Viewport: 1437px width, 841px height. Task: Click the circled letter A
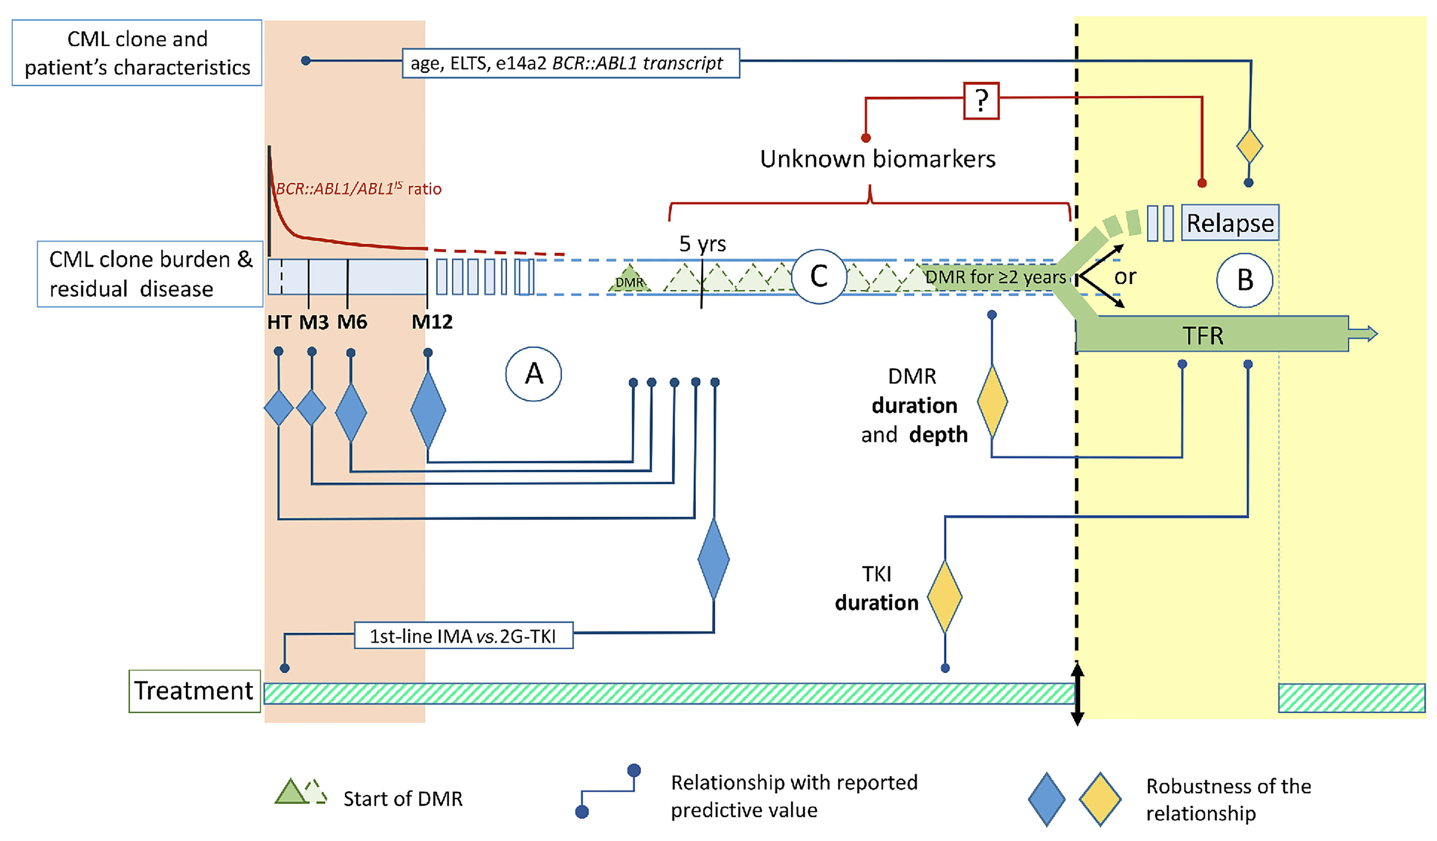[533, 374]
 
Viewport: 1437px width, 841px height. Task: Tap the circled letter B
[1244, 280]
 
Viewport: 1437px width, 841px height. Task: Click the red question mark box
[981, 101]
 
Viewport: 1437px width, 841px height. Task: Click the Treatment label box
[194, 691]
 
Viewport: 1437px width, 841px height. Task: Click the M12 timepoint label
[432, 322]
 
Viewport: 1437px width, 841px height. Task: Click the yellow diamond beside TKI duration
[944, 597]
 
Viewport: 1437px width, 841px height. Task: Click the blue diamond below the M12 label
[428, 409]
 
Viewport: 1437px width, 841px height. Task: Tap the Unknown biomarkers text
[877, 159]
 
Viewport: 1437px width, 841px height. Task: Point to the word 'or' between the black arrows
[1124, 277]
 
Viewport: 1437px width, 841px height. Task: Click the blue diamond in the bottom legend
[1046, 799]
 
